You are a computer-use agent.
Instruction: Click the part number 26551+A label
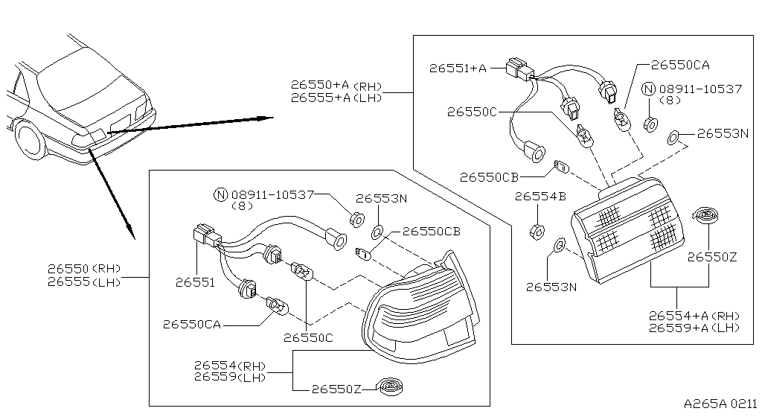click(458, 68)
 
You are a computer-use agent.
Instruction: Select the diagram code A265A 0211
click(720, 404)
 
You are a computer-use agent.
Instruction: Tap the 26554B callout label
click(540, 197)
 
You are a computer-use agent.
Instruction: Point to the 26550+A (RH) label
click(336, 85)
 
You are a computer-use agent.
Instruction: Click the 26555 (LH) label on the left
click(84, 282)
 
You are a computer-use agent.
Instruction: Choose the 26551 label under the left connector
click(195, 282)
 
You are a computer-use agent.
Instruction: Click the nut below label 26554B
click(537, 232)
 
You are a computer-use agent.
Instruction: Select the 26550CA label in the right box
click(680, 65)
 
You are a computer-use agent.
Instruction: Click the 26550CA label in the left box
click(191, 324)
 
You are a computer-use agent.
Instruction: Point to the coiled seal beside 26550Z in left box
click(391, 387)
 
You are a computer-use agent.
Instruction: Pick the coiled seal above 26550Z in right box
click(705, 214)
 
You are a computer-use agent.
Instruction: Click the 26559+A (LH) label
click(694, 328)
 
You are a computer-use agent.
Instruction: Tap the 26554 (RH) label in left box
click(230, 365)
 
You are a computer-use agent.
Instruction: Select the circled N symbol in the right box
click(649, 89)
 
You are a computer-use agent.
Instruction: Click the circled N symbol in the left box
click(220, 195)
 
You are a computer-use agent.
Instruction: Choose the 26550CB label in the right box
click(490, 177)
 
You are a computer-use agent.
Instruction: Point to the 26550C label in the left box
click(309, 338)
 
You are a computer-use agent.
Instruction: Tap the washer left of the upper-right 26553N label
click(673, 138)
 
